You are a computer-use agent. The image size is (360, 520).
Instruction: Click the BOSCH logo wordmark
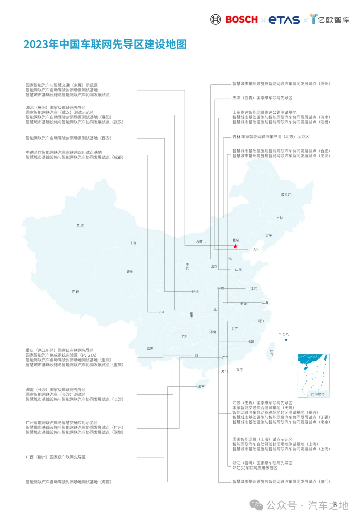pos(241,20)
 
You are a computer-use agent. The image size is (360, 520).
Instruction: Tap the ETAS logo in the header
pos(284,20)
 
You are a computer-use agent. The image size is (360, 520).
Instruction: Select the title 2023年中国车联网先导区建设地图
pos(105,44)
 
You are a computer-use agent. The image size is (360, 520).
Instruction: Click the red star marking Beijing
pos(235,246)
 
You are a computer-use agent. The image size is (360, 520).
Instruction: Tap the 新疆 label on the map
pos(80,226)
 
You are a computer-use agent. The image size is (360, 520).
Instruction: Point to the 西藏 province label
pos(76,292)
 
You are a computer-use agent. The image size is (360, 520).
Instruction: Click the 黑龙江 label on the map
pos(286,195)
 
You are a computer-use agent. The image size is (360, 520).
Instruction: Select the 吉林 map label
pos(280,218)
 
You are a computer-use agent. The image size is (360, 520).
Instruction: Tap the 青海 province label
pos(130,272)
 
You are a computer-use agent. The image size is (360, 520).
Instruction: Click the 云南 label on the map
pos(150,348)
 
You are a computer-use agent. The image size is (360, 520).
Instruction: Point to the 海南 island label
pos(201,387)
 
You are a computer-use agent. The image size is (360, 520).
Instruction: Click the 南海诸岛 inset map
pos(313,375)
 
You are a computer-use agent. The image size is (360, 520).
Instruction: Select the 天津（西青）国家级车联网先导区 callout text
pos(262,98)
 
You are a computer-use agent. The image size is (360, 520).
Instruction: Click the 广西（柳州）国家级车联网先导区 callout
pos(56,457)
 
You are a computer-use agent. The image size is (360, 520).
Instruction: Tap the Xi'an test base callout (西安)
pos(68,138)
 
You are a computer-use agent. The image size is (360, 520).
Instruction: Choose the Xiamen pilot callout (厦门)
pos(281,481)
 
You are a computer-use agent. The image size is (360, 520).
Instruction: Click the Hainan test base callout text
pos(68,482)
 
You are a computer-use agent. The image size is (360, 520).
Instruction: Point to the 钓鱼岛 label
pos(284,335)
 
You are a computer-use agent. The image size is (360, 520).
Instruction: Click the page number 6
pos(335,505)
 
